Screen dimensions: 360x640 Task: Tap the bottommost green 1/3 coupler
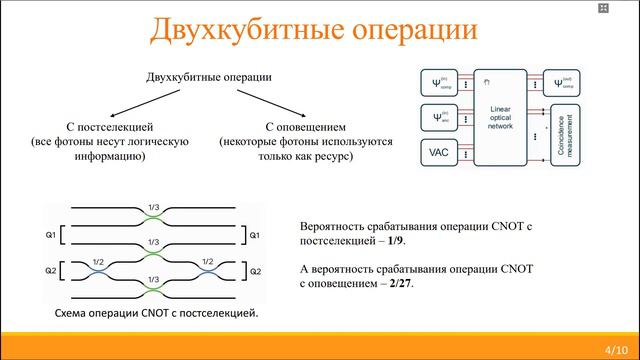pos(153,287)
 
